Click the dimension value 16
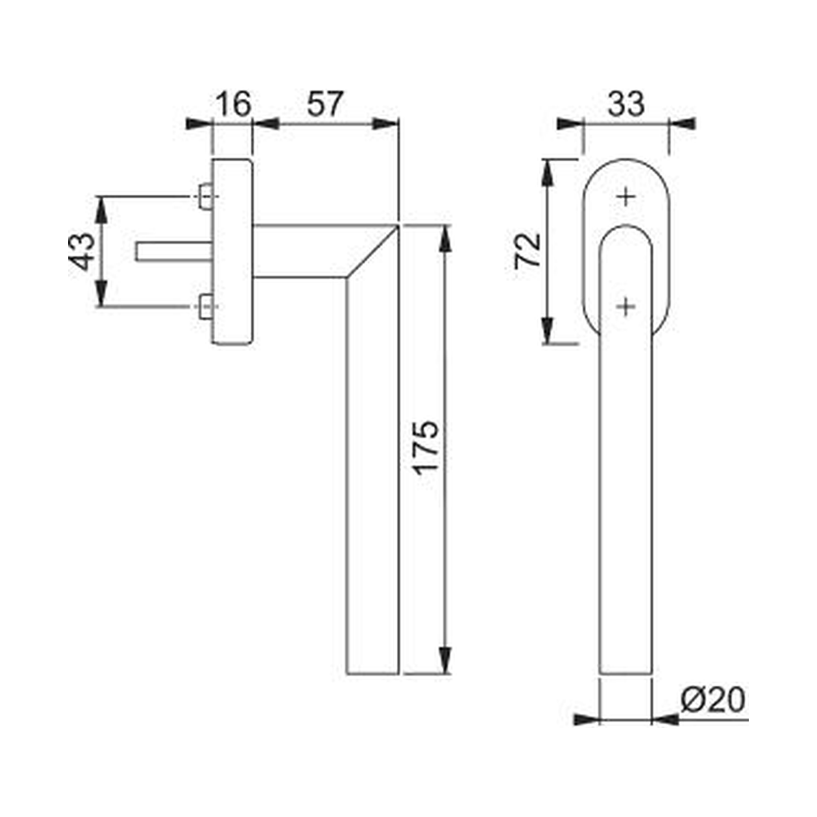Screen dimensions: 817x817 (x=234, y=104)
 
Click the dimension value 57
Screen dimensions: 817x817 (x=324, y=104)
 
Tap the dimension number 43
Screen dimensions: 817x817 (x=82, y=251)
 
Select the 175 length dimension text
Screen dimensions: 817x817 (x=426, y=448)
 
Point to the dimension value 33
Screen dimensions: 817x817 (x=626, y=104)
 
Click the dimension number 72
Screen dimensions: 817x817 (x=528, y=251)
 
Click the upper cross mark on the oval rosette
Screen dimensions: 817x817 (x=626, y=197)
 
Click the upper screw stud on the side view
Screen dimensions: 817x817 (x=206, y=197)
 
